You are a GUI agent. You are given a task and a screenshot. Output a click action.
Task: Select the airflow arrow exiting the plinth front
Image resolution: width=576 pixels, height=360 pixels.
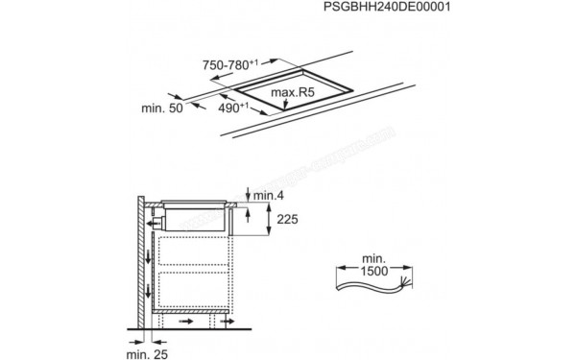click(228, 324)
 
